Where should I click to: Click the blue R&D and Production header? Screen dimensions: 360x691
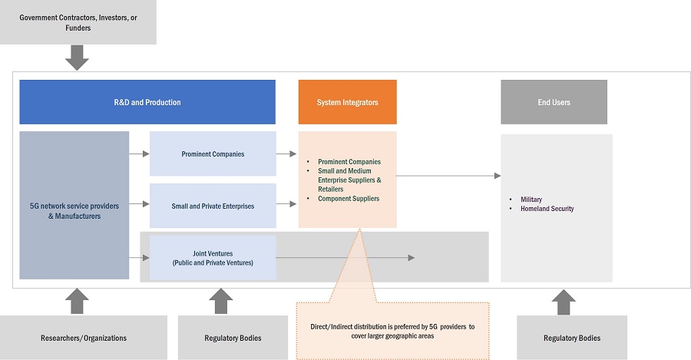click(147, 102)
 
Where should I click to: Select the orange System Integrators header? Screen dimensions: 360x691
click(347, 102)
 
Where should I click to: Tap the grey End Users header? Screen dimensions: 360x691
click(554, 102)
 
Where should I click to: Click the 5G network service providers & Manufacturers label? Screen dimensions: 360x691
click(74, 210)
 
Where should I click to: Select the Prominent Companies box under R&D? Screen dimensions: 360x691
click(213, 154)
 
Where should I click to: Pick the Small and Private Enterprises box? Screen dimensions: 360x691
click(213, 206)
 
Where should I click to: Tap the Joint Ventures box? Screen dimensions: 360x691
click(213, 257)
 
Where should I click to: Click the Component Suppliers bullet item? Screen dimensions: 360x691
click(348, 199)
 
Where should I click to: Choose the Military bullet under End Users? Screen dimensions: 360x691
click(531, 199)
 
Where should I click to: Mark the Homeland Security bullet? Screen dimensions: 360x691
click(546, 209)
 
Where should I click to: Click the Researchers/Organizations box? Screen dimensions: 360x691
click(84, 338)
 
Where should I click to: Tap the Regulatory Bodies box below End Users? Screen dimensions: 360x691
click(571, 338)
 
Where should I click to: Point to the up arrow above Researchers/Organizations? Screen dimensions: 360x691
click(77, 301)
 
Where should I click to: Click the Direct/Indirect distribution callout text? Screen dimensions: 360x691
click(392, 331)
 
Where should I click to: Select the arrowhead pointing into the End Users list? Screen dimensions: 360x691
click(497, 176)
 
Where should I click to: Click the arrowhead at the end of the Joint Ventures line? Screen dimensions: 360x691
click(411, 258)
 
